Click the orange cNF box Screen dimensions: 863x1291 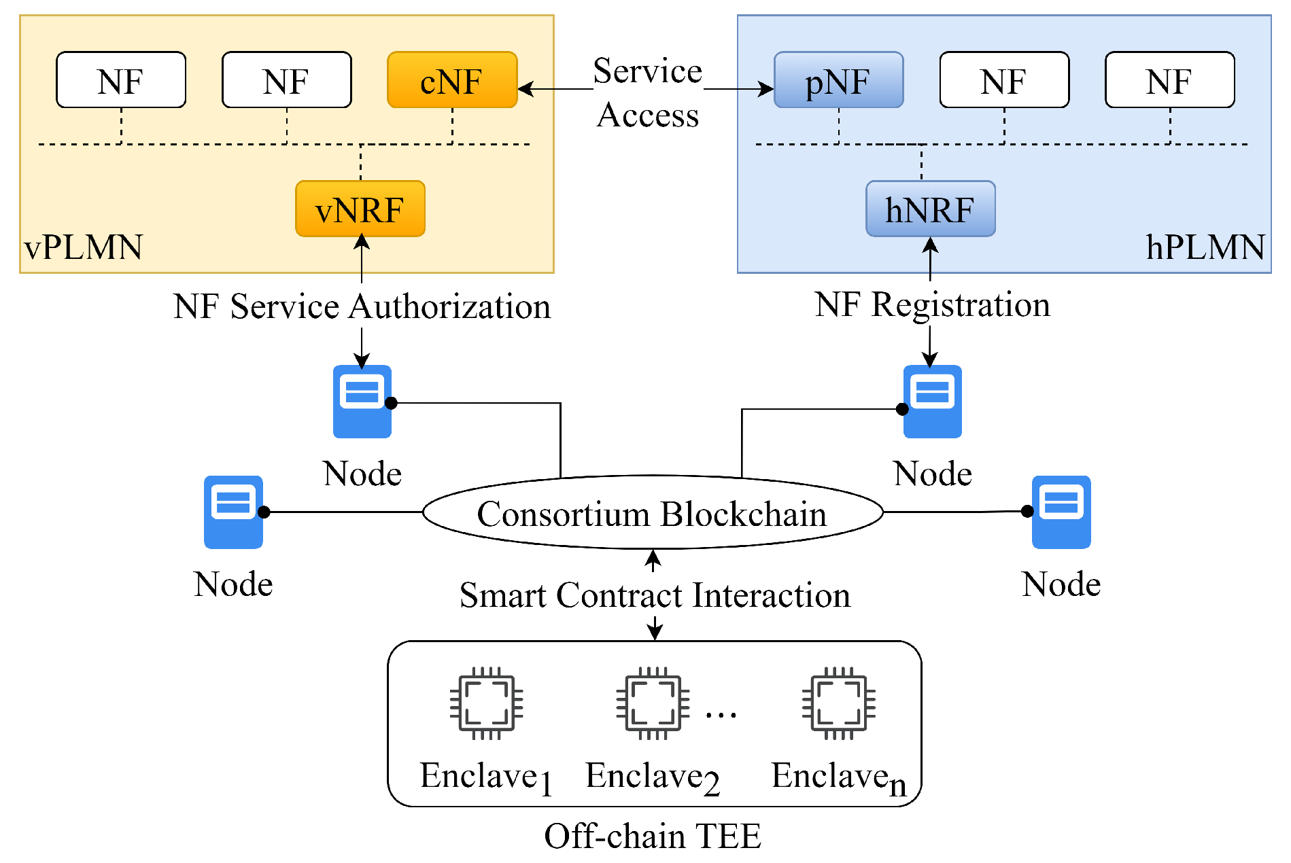click(452, 80)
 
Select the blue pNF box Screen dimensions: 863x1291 click(838, 80)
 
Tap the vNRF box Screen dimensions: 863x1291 click(360, 209)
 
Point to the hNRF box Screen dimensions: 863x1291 click(930, 209)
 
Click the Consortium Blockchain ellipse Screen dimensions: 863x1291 click(652, 512)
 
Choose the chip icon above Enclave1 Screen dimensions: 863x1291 click(487, 703)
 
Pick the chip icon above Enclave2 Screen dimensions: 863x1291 click(653, 703)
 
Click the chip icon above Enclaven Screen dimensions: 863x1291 click(838, 703)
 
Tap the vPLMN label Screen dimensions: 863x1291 click(83, 247)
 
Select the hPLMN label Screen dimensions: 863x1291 click(1205, 247)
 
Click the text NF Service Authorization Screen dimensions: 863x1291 click(362, 306)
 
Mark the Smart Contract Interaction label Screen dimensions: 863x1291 click(655, 595)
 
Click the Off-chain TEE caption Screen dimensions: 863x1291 click(653, 836)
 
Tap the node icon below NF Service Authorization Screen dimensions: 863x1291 click(362, 402)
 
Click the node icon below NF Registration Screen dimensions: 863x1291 click(932, 402)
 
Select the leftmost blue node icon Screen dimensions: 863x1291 click(233, 512)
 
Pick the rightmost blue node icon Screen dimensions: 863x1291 click(1061, 512)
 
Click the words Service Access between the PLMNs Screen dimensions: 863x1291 click(647, 92)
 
